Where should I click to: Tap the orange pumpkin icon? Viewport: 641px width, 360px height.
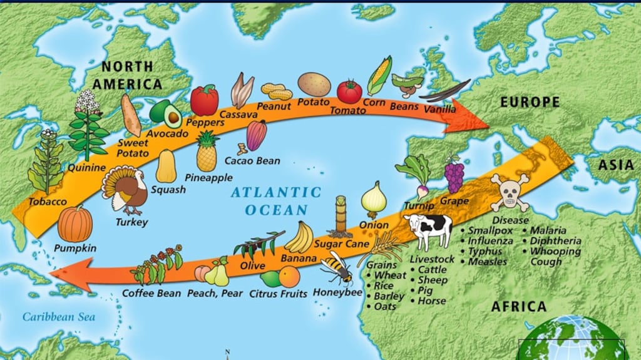[75, 224]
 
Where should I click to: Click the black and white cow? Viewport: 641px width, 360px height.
[428, 230]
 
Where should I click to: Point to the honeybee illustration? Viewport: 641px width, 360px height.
[337, 267]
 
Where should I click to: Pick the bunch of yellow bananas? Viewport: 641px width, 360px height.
[299, 238]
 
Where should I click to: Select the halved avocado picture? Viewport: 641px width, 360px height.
[166, 113]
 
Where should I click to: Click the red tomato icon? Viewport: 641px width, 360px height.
[349, 91]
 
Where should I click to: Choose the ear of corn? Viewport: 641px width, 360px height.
[379, 75]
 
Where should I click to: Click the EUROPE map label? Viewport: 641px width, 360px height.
[529, 101]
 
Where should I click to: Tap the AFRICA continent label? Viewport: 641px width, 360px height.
[518, 307]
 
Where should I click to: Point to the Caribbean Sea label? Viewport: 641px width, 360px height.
[59, 317]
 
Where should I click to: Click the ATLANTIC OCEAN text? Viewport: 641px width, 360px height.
[275, 201]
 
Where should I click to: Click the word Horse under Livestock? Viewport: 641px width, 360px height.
[432, 301]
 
